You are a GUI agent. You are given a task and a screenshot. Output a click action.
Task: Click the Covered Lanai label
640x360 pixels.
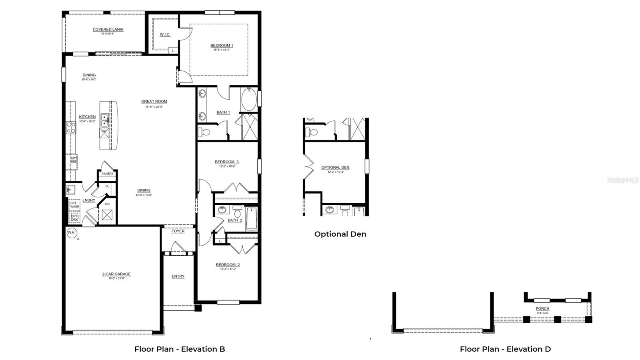[x=108, y=30]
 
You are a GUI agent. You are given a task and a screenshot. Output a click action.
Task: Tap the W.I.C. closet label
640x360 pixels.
[x=165, y=34]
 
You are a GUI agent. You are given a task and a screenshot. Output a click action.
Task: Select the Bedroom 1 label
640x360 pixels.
[x=222, y=46]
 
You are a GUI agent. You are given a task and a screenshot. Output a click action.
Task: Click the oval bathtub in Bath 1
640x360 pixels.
[x=249, y=100]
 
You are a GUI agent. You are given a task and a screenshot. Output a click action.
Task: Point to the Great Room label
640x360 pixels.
[x=154, y=102]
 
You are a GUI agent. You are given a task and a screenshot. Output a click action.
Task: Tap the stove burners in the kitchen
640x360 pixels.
[x=71, y=128]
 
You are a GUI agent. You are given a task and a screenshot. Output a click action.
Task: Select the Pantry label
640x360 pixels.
[x=107, y=174]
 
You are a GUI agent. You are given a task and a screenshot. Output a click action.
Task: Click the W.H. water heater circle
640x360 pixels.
[x=71, y=232]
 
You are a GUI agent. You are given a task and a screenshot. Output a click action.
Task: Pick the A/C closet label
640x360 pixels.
[x=107, y=204]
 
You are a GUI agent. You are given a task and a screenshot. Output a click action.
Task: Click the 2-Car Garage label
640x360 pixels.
[x=116, y=274]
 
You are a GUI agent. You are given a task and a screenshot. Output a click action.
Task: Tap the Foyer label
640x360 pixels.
[x=178, y=231]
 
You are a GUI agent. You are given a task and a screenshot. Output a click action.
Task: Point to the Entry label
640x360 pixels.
[x=178, y=276]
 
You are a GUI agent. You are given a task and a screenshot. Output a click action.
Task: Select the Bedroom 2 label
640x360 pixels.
[x=228, y=265]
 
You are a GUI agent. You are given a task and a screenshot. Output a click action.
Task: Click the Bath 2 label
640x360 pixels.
[x=235, y=220]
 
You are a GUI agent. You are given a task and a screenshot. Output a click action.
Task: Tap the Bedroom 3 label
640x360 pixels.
[x=227, y=162]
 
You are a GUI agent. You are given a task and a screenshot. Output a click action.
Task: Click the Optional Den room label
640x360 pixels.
[x=335, y=168]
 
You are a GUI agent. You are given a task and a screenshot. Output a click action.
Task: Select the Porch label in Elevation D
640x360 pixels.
[x=542, y=309]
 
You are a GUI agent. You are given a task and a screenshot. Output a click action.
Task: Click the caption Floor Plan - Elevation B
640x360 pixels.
[x=180, y=349]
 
